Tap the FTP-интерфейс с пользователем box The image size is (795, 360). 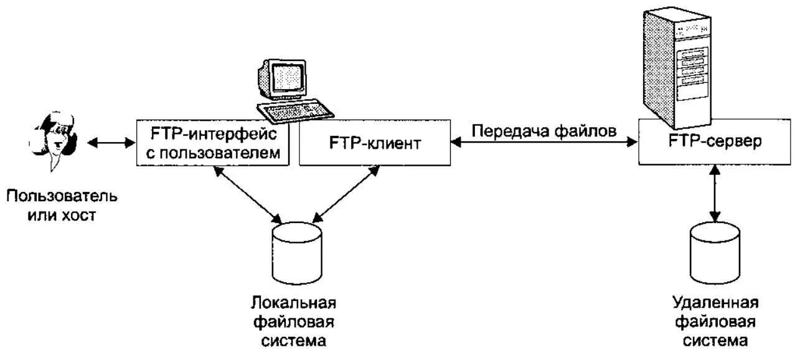click(214, 144)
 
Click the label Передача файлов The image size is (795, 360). click(543, 131)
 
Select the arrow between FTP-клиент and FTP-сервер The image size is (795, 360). click(543, 143)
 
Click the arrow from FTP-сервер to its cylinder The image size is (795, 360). click(715, 194)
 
